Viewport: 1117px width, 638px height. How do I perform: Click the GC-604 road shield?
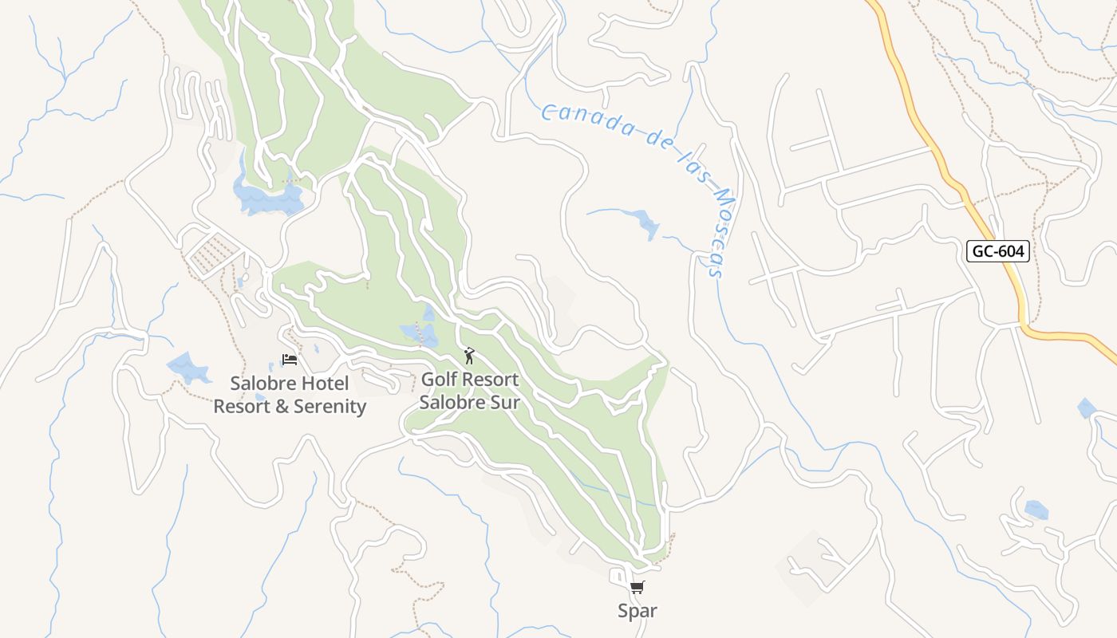pos(998,251)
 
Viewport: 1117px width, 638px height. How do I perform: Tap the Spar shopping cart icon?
pos(637,589)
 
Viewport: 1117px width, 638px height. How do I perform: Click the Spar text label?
pos(637,611)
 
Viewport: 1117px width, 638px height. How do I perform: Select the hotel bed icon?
pos(290,360)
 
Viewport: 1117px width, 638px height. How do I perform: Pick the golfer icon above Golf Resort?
pos(469,356)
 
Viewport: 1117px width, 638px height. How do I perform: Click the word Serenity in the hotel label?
pos(330,407)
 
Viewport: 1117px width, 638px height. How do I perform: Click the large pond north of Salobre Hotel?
pos(267,198)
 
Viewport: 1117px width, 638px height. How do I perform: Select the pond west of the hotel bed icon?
pos(187,368)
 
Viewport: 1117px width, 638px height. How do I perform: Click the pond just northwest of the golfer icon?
pos(421,332)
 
